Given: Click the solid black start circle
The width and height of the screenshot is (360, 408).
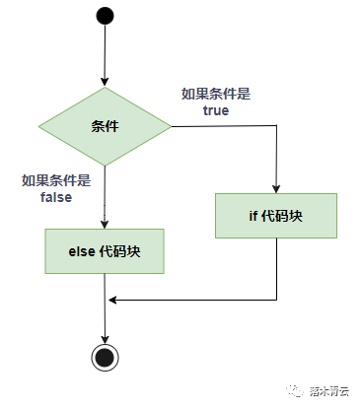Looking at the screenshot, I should [x=105, y=17].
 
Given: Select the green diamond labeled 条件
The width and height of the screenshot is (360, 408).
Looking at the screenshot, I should [x=105, y=126].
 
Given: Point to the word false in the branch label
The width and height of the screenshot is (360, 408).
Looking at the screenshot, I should [x=55, y=197].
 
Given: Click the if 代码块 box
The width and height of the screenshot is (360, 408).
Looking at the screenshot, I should [x=276, y=215].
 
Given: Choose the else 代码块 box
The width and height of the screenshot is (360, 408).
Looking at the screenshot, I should [x=105, y=251].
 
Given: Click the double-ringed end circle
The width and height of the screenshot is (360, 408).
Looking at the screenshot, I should [x=105, y=357].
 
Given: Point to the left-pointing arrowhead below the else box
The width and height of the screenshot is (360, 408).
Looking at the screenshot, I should [x=111, y=299].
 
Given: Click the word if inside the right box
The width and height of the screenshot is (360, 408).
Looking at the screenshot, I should [x=252, y=215].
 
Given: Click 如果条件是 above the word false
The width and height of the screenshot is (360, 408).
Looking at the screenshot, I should [x=55, y=180].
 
